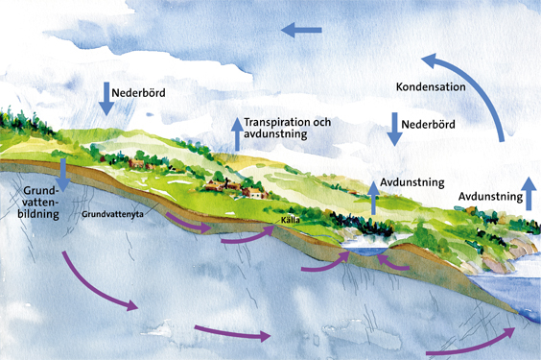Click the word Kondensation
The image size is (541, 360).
[431, 87]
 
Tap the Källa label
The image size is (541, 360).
[289, 220]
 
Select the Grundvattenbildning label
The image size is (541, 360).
[37, 204]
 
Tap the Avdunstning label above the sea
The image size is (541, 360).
[489, 197]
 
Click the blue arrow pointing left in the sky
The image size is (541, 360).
[301, 31]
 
